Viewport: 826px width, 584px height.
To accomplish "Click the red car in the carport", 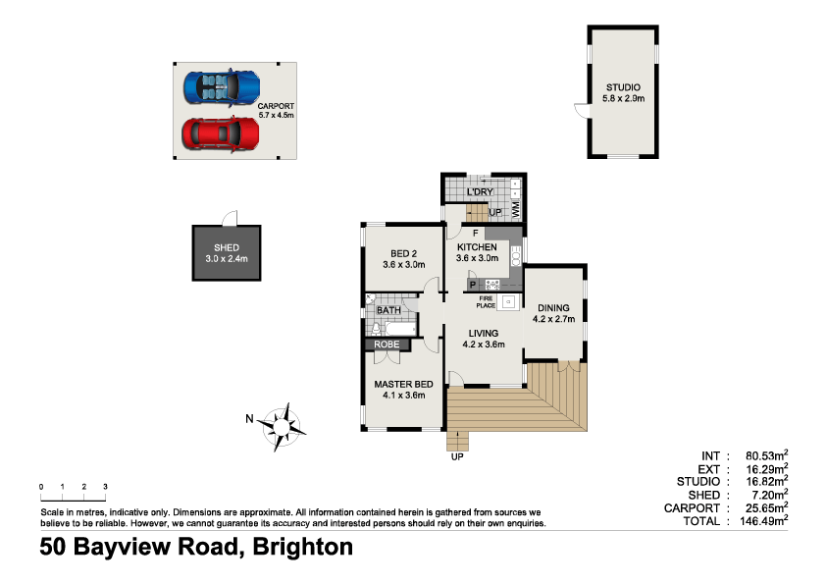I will [x=221, y=133].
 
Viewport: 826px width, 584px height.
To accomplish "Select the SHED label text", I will [x=227, y=247].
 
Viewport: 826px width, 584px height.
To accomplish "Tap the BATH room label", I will [x=388, y=311].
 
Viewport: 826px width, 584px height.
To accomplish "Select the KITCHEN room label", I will [x=477, y=246].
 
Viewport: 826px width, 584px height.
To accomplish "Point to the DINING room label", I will [x=553, y=307].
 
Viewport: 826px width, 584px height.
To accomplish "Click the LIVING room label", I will [x=484, y=334].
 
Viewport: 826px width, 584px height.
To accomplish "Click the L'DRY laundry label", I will [x=480, y=190].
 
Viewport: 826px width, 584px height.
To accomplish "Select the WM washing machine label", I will [x=516, y=208].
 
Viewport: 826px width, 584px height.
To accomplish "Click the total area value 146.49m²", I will [x=767, y=521].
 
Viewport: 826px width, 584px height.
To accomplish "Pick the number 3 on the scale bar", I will [x=105, y=487].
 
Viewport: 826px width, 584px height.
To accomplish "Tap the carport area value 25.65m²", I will [x=767, y=508].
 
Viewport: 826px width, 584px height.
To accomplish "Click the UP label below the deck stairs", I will [x=457, y=456].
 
